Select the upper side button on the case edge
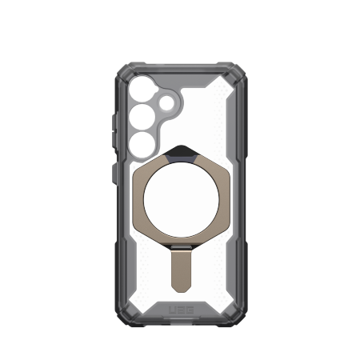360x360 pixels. coord(112,124)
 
